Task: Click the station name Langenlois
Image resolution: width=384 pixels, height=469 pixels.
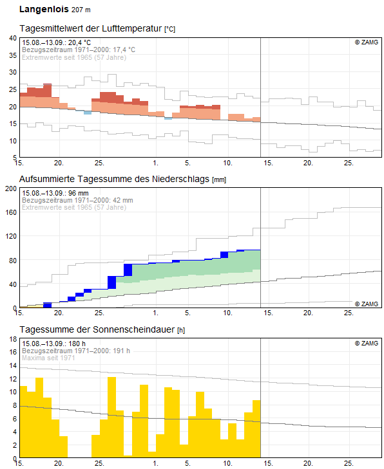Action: [x=44, y=9]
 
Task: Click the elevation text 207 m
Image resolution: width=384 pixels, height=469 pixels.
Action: [x=81, y=10]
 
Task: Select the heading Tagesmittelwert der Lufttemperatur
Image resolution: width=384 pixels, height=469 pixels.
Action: [x=91, y=28]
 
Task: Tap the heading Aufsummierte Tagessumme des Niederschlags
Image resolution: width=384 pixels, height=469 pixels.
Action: [x=114, y=179]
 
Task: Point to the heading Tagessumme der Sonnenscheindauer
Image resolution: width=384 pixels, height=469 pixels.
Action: [x=97, y=329]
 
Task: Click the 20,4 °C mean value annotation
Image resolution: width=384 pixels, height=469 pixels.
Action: [x=79, y=42]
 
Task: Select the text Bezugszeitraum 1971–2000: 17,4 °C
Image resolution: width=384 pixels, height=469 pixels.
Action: [x=79, y=50]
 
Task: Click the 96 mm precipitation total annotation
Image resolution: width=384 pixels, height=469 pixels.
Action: [x=78, y=193]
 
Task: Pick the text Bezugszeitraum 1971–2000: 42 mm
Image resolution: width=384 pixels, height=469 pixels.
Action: [x=77, y=200]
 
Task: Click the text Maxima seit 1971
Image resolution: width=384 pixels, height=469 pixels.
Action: [x=48, y=358]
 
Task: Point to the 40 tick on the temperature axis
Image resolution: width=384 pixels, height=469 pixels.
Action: [x=13, y=38]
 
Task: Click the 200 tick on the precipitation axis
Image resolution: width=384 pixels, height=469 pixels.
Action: [x=11, y=189]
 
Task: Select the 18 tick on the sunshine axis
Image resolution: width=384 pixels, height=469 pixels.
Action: [x=13, y=339]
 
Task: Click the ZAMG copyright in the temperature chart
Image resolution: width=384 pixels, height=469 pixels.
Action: [x=367, y=42]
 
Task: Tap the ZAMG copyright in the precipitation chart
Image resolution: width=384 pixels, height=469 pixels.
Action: [x=367, y=304]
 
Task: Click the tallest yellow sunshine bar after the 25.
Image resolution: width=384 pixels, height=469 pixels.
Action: [x=111, y=417]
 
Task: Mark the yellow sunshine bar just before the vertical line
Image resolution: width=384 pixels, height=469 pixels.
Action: [x=256, y=428]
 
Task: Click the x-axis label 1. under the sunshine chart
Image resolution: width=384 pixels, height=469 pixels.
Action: [x=155, y=463]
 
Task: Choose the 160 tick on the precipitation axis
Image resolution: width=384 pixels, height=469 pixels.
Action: [x=11, y=212]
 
